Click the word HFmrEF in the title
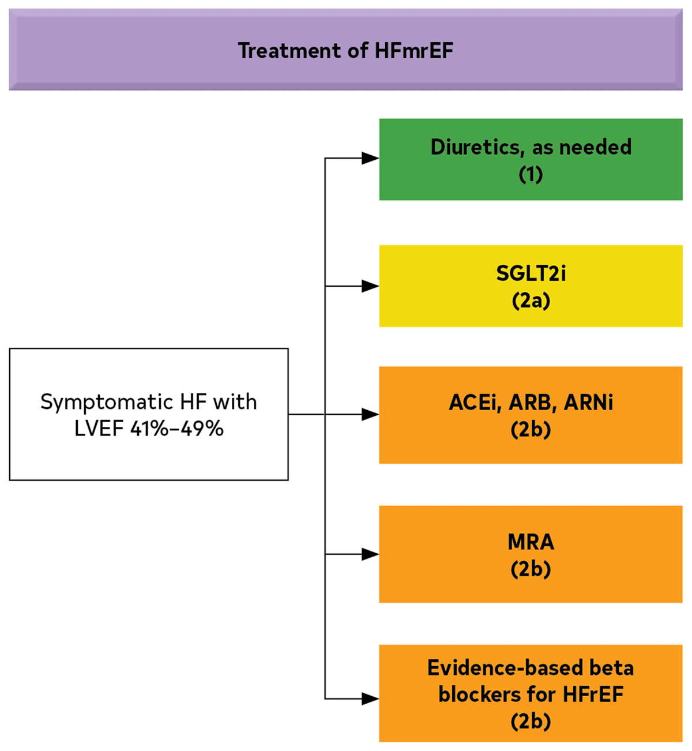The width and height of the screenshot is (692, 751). [x=414, y=51]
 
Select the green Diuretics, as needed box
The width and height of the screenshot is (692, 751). [x=531, y=159]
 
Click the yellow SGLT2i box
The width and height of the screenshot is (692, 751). [x=531, y=286]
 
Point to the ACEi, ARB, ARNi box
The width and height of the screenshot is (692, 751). [x=531, y=415]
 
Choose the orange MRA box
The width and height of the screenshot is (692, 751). [x=531, y=554]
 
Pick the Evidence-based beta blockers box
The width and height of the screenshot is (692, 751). [x=531, y=693]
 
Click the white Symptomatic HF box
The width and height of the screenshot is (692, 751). [x=149, y=415]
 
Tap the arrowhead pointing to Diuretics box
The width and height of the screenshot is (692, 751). [x=370, y=159]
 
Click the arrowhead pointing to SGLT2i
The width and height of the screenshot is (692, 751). [x=370, y=286]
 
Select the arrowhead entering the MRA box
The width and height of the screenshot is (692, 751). [x=370, y=554]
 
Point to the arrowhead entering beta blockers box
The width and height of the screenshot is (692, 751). [x=370, y=699]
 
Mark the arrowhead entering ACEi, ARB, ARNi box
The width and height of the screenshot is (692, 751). [x=370, y=415]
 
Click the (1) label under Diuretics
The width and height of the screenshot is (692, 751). [x=531, y=174]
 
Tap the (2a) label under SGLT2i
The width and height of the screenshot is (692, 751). [x=531, y=301]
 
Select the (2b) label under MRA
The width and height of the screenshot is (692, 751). [x=531, y=569]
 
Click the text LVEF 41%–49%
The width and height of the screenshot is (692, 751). [x=149, y=429]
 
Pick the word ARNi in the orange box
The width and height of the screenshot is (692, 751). [x=588, y=403]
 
